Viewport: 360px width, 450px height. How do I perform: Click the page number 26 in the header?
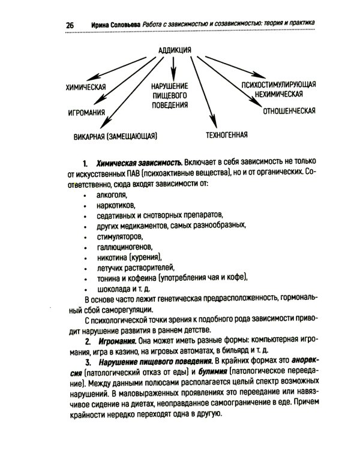click(x=70, y=25)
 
